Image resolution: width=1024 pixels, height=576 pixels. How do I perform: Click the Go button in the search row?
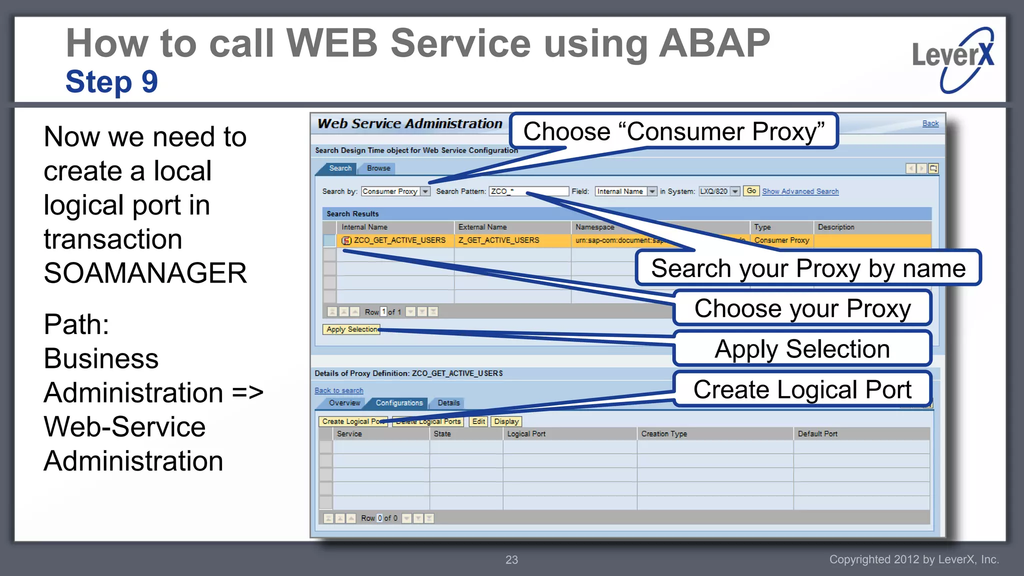pos(751,191)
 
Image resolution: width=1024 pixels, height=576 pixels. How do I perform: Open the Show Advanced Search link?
pos(800,191)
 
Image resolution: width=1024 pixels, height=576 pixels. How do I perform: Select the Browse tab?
pos(378,168)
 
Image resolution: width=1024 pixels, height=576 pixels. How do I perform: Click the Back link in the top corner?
pos(930,123)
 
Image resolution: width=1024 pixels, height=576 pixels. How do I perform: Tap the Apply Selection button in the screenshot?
pos(351,329)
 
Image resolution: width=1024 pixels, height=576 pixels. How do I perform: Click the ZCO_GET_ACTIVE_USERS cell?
pos(399,240)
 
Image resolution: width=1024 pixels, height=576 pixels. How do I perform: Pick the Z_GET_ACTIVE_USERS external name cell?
pos(498,240)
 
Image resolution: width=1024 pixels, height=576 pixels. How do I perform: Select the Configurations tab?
pos(399,403)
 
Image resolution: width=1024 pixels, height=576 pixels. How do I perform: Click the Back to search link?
pos(339,390)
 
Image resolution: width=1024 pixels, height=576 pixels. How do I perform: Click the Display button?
pos(506,421)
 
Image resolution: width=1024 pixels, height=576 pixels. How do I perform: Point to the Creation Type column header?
pos(664,434)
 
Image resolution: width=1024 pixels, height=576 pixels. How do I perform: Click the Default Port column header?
pos(817,434)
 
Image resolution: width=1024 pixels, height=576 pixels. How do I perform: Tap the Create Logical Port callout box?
pos(802,389)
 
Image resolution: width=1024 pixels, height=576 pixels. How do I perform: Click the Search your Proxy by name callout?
pos(808,268)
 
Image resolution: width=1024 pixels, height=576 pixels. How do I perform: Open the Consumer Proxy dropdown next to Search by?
pos(425,191)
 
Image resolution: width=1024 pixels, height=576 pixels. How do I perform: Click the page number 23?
pos(511,560)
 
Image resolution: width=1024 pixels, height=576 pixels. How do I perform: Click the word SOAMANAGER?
pos(145,273)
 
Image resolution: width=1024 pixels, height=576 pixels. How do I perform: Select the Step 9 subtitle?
pos(111,82)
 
